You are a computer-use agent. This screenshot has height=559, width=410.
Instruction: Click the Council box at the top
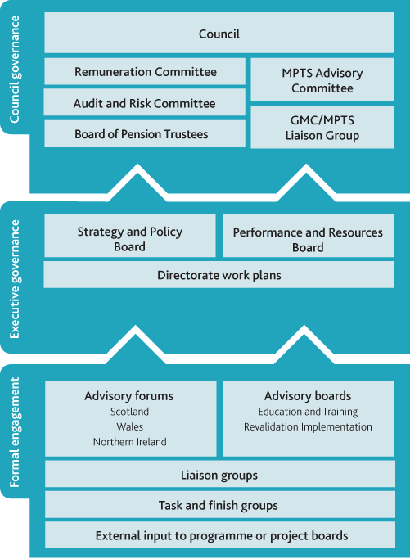coord(219,33)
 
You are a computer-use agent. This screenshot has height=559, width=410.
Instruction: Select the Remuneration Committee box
coord(145,71)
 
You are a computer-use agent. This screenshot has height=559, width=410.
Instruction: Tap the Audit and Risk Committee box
coord(144,102)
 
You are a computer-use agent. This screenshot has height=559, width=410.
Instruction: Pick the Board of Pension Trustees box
coord(145,133)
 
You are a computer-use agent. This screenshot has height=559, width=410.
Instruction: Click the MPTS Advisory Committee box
coord(322,79)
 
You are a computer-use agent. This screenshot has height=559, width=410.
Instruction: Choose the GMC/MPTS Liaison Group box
coord(322,127)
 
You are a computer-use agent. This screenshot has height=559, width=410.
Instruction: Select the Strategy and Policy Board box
coord(130,235)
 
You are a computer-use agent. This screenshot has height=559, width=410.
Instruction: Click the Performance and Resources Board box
coord(308,235)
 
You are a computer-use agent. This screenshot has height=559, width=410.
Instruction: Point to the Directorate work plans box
coord(219,274)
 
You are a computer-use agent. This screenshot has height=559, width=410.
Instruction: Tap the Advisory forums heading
coord(129,396)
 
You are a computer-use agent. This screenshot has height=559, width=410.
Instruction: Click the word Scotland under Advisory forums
coord(130,412)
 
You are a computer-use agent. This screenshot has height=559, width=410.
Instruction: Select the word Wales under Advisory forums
coord(130,426)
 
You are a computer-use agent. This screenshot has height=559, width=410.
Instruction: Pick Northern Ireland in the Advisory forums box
coord(130,442)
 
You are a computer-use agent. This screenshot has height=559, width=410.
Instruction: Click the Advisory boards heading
coord(308,396)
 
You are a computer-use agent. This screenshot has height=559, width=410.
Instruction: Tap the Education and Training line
coord(308,412)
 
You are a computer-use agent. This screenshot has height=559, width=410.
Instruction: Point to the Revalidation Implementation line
coord(308,426)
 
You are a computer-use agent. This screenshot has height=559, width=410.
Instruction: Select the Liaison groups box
coord(220,474)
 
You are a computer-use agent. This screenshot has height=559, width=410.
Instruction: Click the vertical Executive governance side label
coord(15,279)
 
